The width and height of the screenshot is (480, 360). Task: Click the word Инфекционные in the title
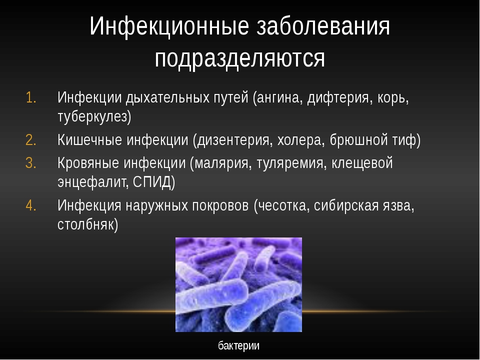click(169, 26)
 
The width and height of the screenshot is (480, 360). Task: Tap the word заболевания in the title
click(323, 26)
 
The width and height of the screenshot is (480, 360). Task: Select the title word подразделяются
click(239, 58)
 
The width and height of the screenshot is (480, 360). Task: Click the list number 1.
click(31, 97)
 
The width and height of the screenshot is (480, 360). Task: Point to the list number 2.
click(31, 140)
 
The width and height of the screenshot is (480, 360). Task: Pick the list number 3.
click(31, 163)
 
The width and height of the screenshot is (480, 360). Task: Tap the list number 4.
click(31, 205)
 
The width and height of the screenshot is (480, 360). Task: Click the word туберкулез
click(92, 117)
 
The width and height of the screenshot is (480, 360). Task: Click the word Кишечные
click(89, 140)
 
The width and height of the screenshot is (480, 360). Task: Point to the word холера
click(300, 140)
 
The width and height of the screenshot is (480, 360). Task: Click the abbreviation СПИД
click(152, 182)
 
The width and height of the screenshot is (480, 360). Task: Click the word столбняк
click(85, 224)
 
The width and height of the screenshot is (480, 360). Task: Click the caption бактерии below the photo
click(239, 345)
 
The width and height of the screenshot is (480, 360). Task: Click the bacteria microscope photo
click(238, 284)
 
